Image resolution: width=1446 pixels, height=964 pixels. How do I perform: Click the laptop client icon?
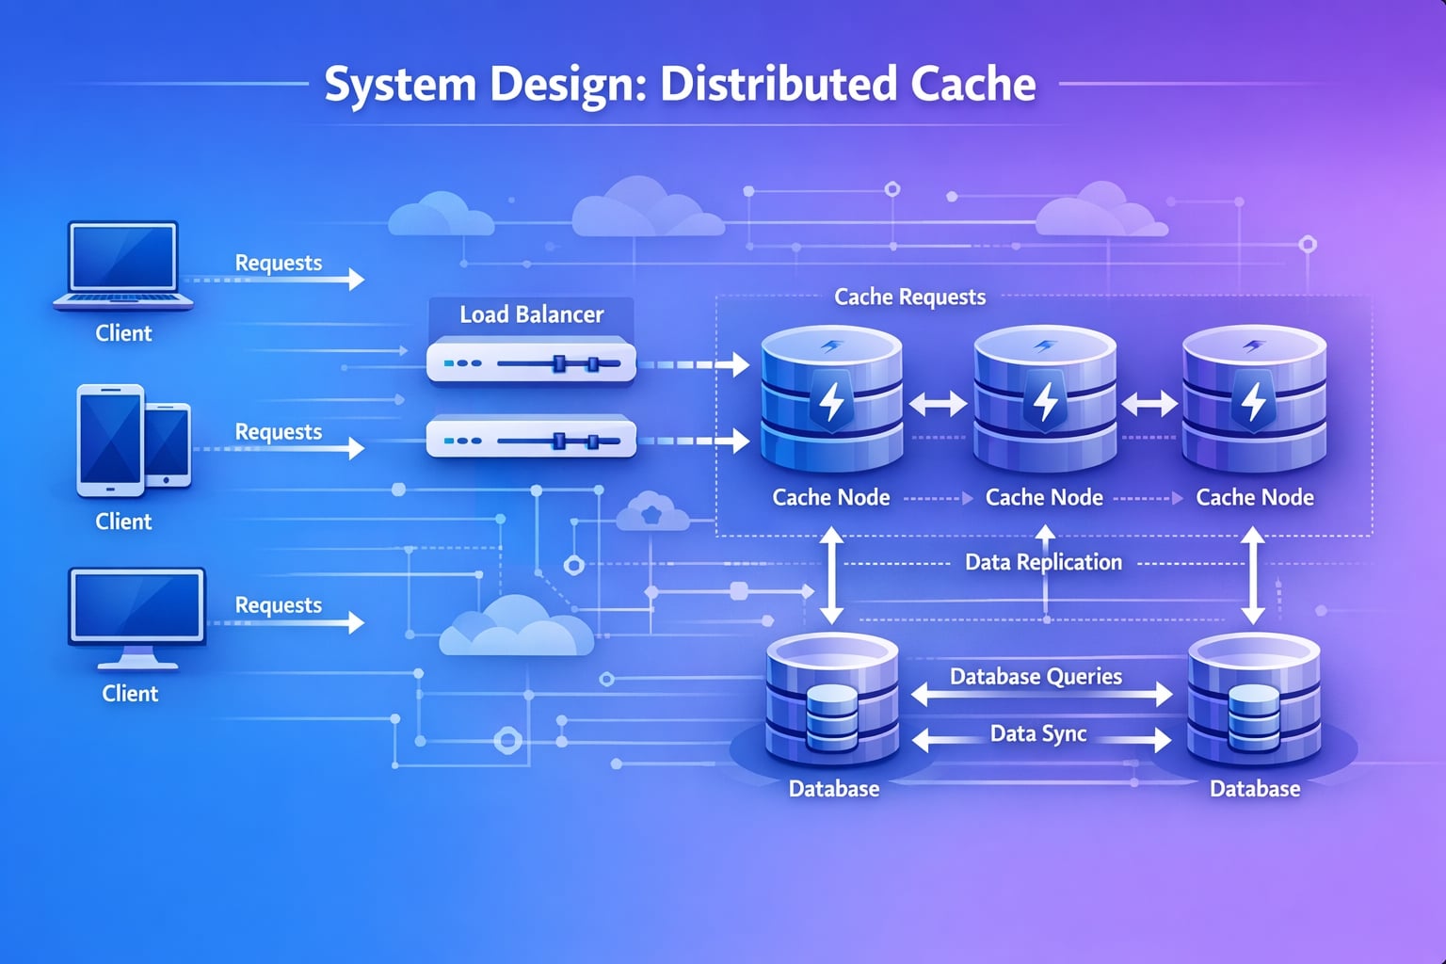pyautogui.click(x=123, y=265)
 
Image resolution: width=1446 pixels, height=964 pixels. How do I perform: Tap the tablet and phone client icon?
pyautogui.click(x=133, y=440)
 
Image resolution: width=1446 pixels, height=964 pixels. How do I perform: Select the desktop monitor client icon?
pyautogui.click(x=137, y=617)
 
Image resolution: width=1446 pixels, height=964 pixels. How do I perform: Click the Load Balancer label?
pyautogui.click(x=531, y=314)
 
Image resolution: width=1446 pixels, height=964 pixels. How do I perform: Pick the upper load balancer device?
pyautogui.click(x=531, y=362)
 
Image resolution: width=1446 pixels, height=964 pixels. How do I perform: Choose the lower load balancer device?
pyautogui.click(x=531, y=439)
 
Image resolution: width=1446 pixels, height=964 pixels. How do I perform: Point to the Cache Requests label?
pyautogui.click(x=909, y=297)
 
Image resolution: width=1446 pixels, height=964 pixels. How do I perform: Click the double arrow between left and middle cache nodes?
pyautogui.click(x=938, y=404)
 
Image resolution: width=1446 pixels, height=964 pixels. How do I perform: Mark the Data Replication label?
pyautogui.click(x=1043, y=562)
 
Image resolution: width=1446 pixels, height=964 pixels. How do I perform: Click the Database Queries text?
pyautogui.click(x=1036, y=676)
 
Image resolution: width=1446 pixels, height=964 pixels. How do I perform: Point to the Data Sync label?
pyautogui.click(x=1038, y=733)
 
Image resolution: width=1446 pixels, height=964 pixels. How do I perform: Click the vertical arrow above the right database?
pyautogui.click(x=1253, y=575)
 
